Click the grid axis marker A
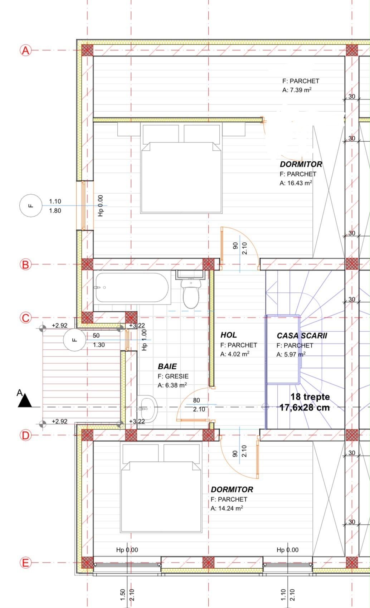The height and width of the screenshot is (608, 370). [x=25, y=50]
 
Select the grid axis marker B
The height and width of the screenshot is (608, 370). [x=25, y=264]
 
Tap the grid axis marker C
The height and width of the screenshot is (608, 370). [x=25, y=317]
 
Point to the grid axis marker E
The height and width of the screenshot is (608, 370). [x=25, y=563]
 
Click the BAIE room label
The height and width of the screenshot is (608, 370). [x=167, y=366]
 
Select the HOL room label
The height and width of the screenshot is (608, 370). [x=229, y=335]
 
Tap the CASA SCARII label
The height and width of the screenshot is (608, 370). [x=302, y=336]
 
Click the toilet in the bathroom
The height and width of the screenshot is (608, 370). [x=191, y=293]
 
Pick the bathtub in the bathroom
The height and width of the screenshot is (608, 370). [x=132, y=287]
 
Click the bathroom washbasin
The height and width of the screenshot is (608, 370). [x=147, y=409]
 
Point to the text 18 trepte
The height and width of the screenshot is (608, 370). [x=310, y=397]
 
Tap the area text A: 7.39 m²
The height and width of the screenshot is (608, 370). [x=297, y=90]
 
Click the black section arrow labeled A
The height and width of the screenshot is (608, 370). [x=25, y=401]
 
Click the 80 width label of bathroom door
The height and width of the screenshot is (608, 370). [x=196, y=400]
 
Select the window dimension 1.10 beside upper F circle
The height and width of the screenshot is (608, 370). [x=55, y=201]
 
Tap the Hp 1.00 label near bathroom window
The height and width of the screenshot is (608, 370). [x=144, y=340]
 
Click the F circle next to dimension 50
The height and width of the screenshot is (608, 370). [x=75, y=340]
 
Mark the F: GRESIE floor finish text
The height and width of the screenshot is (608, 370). [x=173, y=376]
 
